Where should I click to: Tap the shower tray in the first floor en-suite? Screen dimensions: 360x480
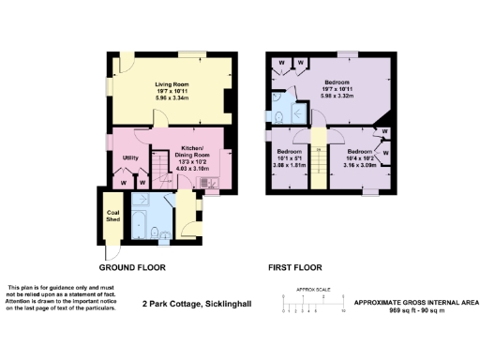[298, 112]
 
